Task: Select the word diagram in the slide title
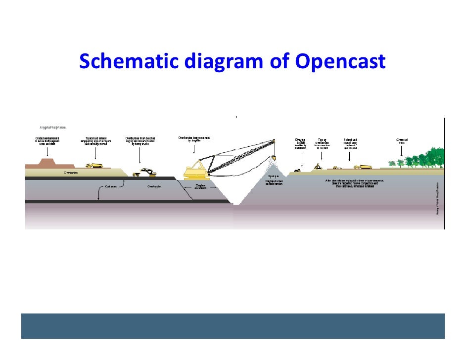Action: [225, 63]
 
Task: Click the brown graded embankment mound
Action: [48, 162]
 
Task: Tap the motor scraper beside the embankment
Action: [94, 165]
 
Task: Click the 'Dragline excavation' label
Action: [200, 186]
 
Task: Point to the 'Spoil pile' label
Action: [274, 176]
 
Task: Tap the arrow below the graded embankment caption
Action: [47, 150]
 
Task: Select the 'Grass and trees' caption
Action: [402, 141]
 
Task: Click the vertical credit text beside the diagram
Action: [438, 198]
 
